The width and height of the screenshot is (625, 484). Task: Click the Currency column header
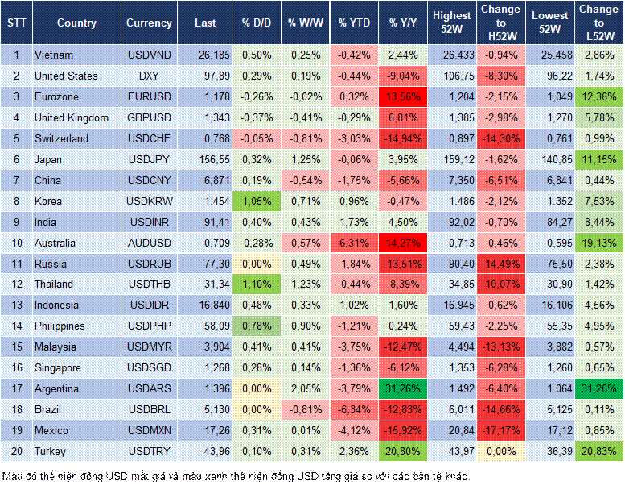(149, 23)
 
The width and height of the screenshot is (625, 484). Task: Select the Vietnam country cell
(54, 55)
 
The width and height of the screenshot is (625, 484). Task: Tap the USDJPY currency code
(149, 159)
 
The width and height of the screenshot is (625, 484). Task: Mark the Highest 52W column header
(451, 23)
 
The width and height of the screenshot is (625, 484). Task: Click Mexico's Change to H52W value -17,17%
(501, 430)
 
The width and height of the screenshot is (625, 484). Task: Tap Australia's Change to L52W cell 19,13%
(599, 243)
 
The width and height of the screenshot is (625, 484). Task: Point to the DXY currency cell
(149, 76)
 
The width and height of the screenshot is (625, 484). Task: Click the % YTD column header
(354, 23)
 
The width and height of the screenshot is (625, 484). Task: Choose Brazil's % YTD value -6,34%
(354, 409)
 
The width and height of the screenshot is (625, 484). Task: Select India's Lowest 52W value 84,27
(551, 222)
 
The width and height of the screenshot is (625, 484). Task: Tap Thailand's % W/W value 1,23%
(305, 284)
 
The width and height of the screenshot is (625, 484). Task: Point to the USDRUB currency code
(149, 264)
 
